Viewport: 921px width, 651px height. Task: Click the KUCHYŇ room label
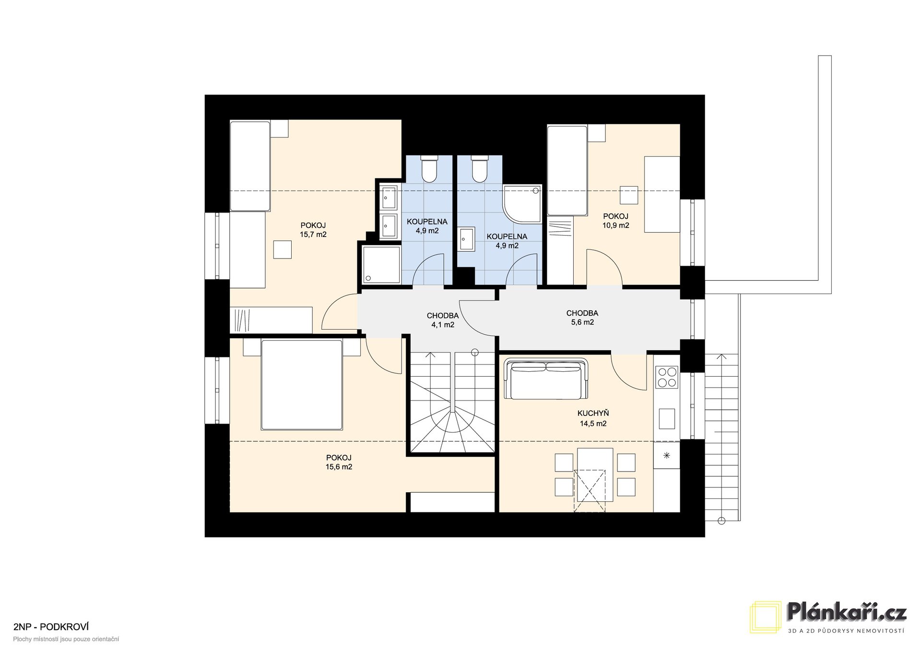(593, 413)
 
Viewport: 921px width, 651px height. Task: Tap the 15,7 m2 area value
(313, 235)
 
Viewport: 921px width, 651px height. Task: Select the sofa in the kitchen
(546, 379)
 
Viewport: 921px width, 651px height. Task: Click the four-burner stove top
(666, 377)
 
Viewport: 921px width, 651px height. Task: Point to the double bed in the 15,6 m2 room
(302, 385)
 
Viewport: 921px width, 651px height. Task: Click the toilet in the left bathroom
(428, 168)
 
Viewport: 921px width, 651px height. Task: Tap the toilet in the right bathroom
(479, 168)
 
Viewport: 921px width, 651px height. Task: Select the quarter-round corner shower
(522, 204)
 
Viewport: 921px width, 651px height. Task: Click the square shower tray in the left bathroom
(381, 265)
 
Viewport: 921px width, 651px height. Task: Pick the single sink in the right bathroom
(467, 239)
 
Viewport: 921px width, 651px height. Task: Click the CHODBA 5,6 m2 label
(582, 318)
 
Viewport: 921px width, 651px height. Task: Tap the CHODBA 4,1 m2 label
(443, 320)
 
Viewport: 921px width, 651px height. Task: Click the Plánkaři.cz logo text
(847, 614)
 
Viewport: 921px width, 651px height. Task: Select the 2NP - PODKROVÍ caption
(51, 627)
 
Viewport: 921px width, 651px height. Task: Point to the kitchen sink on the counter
(667, 418)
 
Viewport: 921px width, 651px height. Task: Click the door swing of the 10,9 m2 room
(605, 267)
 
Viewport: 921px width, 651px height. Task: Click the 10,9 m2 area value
(616, 225)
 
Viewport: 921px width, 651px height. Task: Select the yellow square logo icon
(766, 617)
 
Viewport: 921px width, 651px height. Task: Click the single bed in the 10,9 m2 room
(567, 170)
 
